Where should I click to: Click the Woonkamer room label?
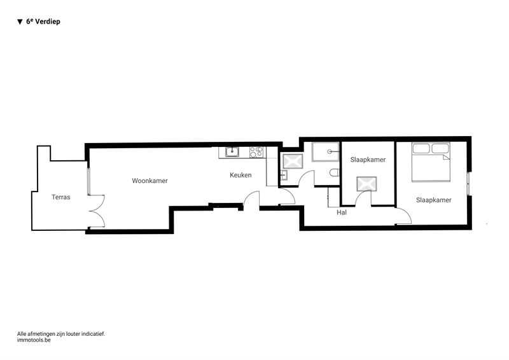point(150,181)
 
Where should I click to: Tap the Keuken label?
point(241,175)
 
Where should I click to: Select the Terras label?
point(60,197)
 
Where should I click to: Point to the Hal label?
point(342,212)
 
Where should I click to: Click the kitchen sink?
point(232,151)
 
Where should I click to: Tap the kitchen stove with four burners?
point(256,152)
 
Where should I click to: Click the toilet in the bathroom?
point(335,173)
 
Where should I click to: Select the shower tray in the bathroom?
point(326,151)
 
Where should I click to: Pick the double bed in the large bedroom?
point(431,162)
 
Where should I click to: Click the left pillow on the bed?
point(421,148)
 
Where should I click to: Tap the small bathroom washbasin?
point(284,175)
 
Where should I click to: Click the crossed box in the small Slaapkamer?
point(367,184)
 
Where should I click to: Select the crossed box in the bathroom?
point(293,162)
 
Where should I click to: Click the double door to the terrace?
point(97,211)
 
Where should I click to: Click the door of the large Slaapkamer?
point(404,216)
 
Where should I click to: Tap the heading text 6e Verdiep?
point(43,22)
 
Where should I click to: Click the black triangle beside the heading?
point(20,22)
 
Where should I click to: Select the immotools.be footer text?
point(34,340)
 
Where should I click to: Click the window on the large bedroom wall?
point(468,183)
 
